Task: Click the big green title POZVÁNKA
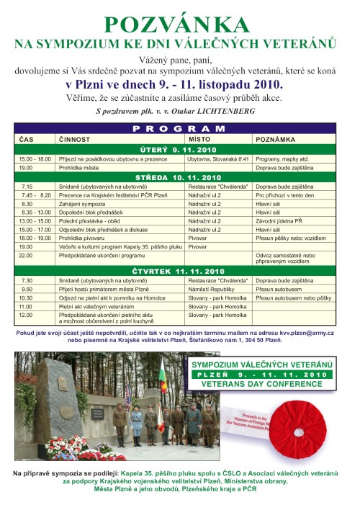tap(179, 24)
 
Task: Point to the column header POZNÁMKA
tap(274, 137)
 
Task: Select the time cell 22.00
tap(27, 255)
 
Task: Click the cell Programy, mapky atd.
tap(279, 158)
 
